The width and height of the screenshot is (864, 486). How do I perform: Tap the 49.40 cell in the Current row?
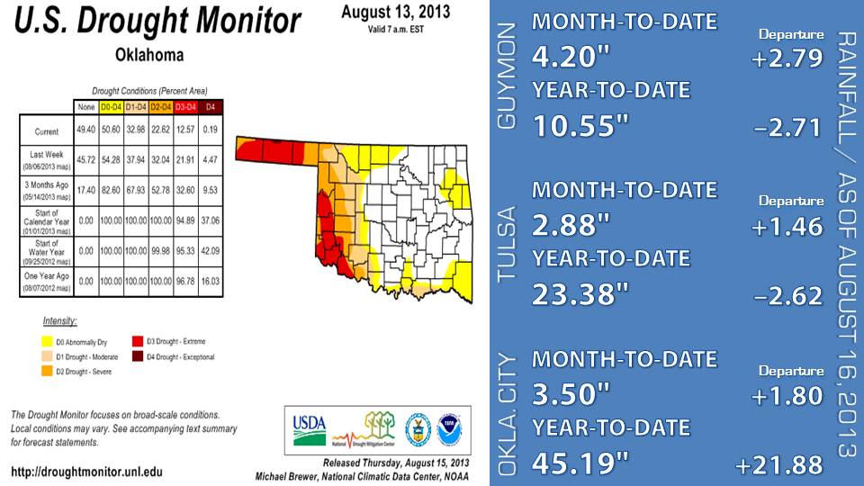coord(86,131)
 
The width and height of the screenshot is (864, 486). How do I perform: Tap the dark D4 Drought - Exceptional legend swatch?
coord(138,357)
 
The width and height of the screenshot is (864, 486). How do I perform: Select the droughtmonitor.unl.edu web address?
coord(87,471)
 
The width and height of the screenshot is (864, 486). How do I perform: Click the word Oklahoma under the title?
coord(149,55)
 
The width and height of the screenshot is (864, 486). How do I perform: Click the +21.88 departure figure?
coord(778,465)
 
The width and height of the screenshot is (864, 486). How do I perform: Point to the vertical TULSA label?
coord(507,243)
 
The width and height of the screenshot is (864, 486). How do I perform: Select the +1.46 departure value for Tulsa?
coord(787,226)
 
